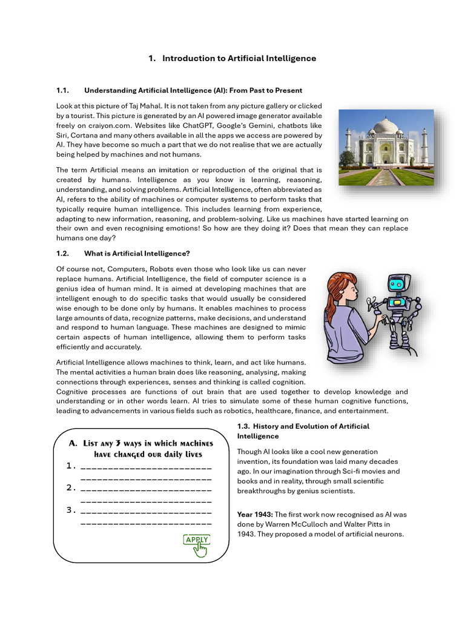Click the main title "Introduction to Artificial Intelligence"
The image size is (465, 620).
[239, 58]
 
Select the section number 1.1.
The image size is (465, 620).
[63, 90]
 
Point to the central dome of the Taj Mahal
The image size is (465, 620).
[386, 127]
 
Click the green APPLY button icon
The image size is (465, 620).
[197, 541]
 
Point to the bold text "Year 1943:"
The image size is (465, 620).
[254, 514]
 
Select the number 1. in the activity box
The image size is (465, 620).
[71, 466]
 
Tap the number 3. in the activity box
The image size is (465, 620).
[71, 510]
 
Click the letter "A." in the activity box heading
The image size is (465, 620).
[73, 443]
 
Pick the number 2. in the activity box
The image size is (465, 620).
[71, 487]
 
